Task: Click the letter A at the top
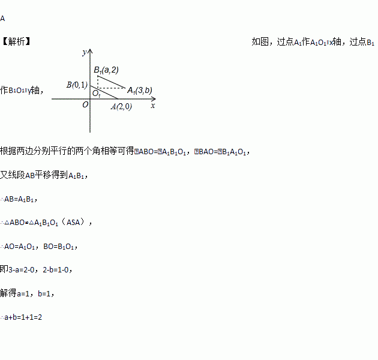[2, 18]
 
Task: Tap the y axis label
[85, 52]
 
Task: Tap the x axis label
[153, 105]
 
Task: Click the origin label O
[85, 104]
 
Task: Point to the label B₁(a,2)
[106, 70]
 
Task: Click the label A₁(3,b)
[139, 90]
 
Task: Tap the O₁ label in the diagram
[96, 94]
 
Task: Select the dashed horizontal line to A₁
[111, 88]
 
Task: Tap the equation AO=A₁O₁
[22, 246]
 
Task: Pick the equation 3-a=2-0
[23, 269]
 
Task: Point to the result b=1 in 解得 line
[46, 293]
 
